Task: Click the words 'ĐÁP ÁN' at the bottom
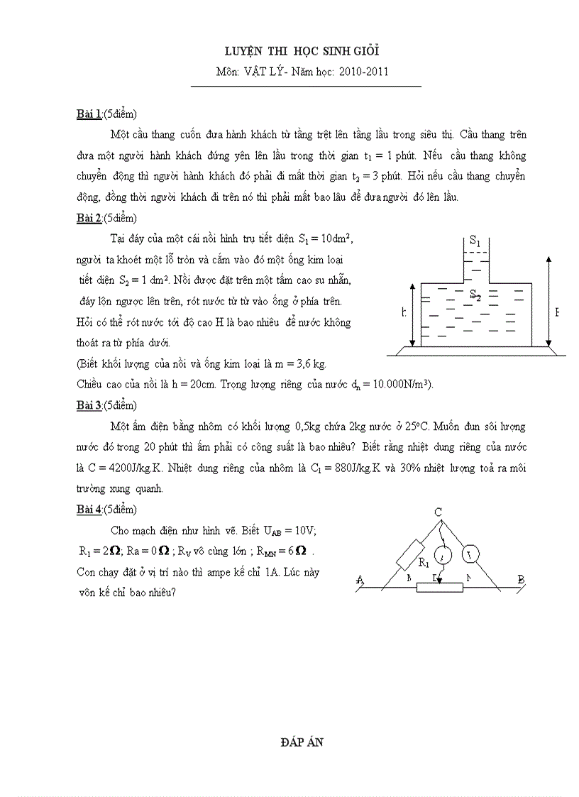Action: tap(302, 742)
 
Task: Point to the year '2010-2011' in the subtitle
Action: tap(364, 72)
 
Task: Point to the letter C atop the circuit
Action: tap(439, 512)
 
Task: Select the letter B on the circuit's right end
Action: tap(521, 580)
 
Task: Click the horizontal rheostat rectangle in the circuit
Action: tap(439, 587)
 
